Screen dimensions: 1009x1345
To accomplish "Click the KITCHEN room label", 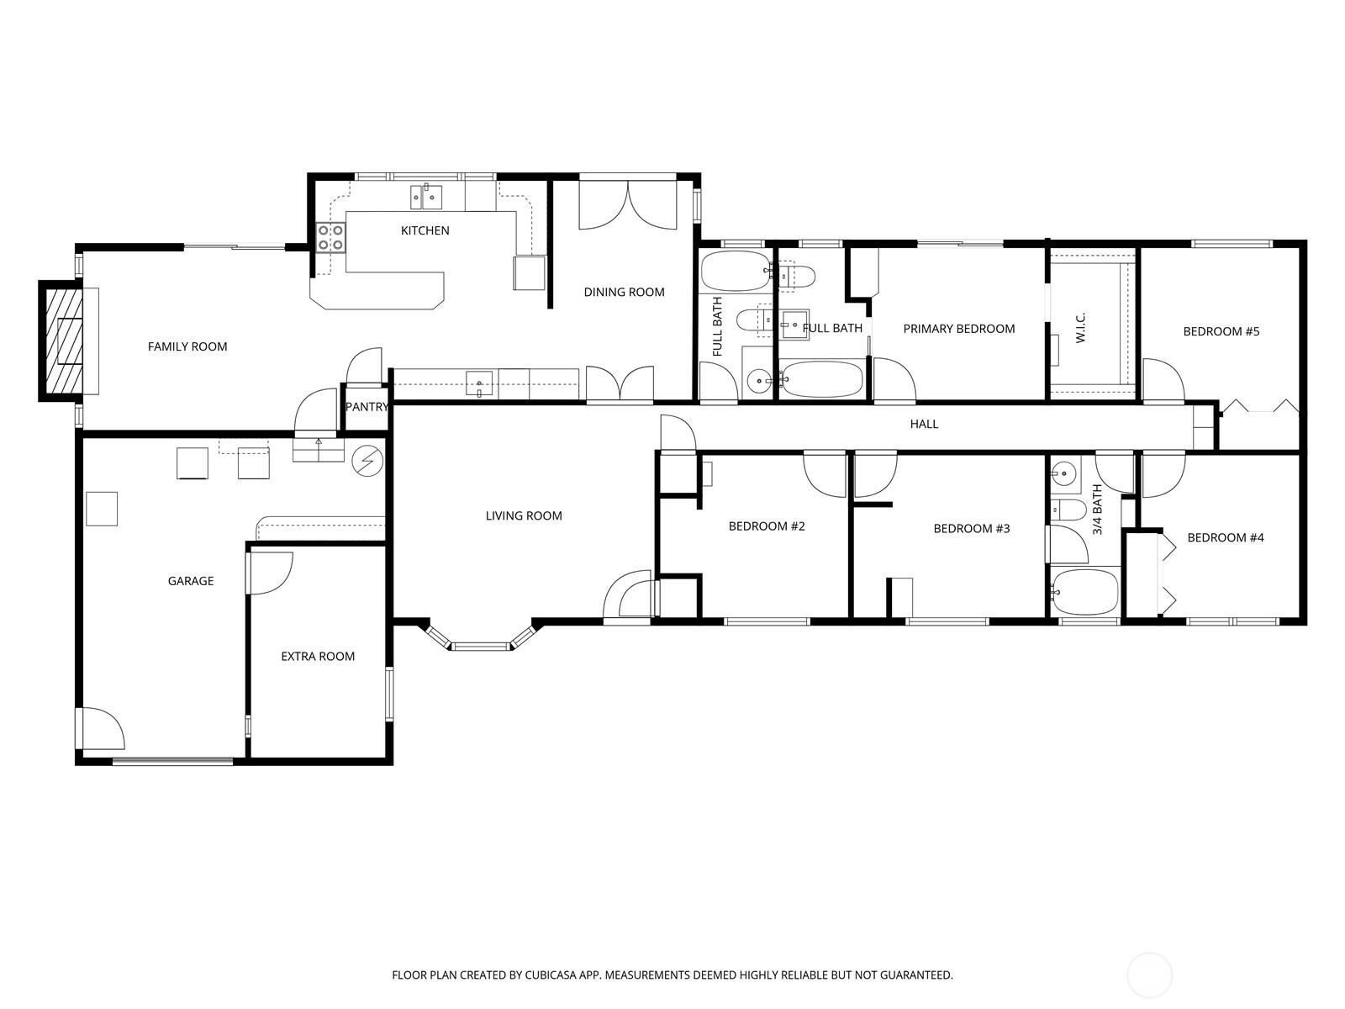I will tap(425, 230).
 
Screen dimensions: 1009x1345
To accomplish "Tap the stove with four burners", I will tap(330, 238).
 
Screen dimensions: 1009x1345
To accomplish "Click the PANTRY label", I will tap(367, 407).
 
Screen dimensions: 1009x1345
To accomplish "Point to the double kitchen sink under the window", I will tap(427, 197).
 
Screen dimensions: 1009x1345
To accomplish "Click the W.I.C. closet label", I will tap(1081, 328).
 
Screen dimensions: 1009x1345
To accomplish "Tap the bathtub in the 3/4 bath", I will tap(1085, 592).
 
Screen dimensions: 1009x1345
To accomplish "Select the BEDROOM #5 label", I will tap(1221, 331).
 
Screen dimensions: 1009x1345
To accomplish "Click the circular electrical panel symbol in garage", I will tap(367, 459).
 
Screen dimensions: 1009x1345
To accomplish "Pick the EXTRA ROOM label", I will tap(318, 657).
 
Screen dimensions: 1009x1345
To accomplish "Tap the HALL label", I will tap(924, 424).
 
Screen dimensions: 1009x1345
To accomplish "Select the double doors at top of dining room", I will tap(628, 206).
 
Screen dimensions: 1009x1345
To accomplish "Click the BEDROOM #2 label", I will tap(767, 526).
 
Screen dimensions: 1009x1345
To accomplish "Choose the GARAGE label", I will tap(191, 581).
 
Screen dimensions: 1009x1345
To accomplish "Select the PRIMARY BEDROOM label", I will tap(958, 329).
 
